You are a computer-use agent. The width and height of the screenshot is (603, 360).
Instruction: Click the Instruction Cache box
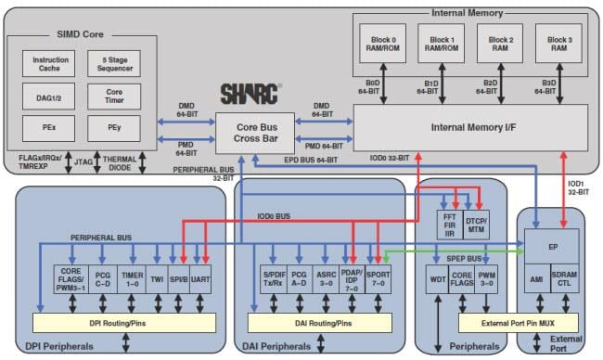[x=51, y=64]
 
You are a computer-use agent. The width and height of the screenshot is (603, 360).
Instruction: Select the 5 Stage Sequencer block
[x=114, y=64]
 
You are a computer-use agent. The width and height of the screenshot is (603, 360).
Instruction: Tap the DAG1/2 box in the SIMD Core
[x=51, y=95]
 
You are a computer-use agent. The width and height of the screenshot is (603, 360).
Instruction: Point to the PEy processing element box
[x=114, y=125]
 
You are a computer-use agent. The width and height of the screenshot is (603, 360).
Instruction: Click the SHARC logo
[x=249, y=94]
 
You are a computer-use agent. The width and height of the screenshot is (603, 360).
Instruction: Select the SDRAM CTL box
[x=564, y=280]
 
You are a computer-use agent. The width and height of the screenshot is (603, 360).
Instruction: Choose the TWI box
[x=158, y=278]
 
